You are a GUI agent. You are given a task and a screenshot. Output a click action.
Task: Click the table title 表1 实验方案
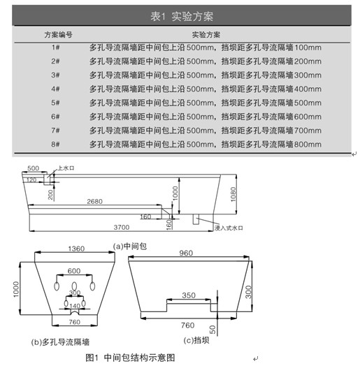tap(182, 17)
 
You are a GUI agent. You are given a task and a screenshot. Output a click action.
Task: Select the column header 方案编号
tap(58, 35)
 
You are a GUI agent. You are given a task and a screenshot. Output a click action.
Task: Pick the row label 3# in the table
tap(55, 75)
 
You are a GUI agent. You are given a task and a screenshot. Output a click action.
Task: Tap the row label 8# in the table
tap(55, 144)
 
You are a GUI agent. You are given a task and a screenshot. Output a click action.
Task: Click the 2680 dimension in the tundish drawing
tap(94, 201)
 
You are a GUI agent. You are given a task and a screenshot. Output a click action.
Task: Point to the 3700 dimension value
tap(122, 227)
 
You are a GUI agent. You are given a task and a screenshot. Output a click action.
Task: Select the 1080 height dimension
tap(233, 194)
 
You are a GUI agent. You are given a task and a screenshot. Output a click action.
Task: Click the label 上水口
tap(66, 168)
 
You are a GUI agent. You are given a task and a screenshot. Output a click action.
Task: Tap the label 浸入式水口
tap(229, 228)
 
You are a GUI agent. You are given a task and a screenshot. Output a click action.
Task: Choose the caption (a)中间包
tap(130, 246)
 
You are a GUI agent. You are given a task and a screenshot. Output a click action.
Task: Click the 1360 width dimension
tap(76, 249)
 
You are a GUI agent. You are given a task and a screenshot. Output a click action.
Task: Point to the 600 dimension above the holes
tap(74, 271)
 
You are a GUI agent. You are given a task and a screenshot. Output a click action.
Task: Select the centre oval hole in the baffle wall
tap(74, 286)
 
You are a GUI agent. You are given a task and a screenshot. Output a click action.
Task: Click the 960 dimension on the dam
tap(186, 253)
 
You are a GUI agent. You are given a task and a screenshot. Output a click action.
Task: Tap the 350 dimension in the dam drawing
tap(189, 295)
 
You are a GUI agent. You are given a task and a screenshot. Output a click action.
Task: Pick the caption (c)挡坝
tap(196, 340)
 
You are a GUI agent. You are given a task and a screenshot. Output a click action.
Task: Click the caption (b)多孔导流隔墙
tap(60, 342)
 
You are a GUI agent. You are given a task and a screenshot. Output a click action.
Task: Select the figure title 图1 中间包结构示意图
tap(130, 358)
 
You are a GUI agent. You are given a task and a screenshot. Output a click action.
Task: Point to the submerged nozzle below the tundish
tap(196, 219)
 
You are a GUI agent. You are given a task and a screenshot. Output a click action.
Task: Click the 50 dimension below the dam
tap(213, 330)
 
